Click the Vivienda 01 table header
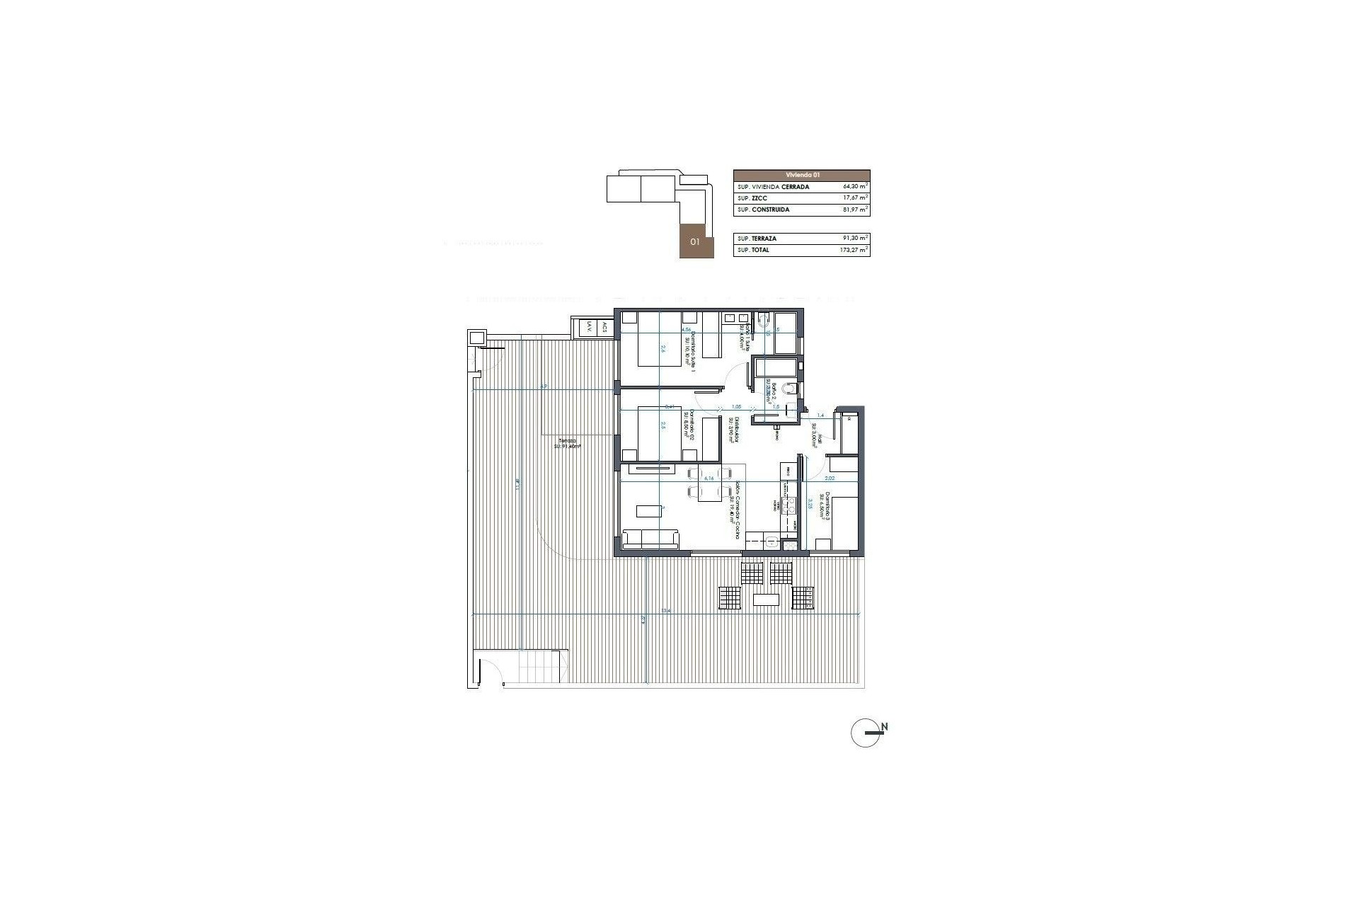coord(801,175)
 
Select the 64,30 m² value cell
coord(855,187)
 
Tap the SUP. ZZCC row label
coord(752,198)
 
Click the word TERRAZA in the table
coord(764,239)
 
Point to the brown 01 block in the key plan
coord(696,241)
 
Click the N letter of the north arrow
coord(885,727)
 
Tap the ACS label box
coord(604,328)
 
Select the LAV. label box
coord(587,328)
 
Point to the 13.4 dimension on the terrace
coord(665,610)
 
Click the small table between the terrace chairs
coord(767,600)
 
